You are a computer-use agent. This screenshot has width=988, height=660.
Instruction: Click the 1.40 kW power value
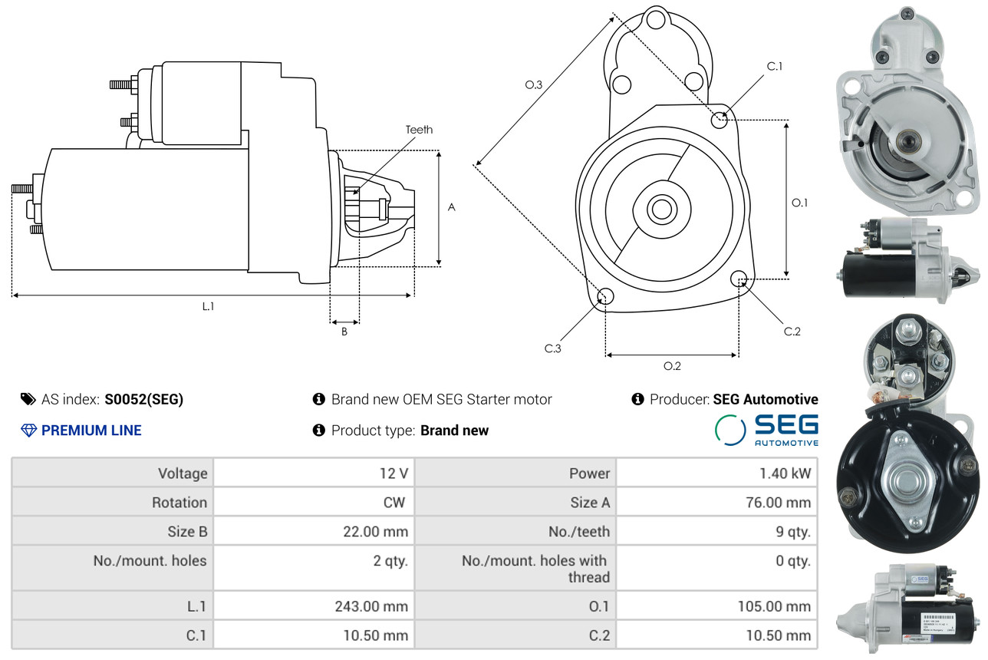(785, 474)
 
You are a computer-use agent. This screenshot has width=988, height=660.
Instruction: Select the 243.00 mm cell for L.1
(371, 606)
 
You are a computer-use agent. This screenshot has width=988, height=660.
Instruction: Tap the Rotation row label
(179, 503)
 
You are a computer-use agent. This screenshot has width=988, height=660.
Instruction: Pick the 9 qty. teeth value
(793, 532)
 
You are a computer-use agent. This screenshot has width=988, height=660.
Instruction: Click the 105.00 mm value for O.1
(775, 606)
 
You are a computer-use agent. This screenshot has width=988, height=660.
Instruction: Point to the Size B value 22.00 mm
(376, 532)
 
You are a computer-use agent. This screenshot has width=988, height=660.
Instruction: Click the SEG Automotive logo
(766, 430)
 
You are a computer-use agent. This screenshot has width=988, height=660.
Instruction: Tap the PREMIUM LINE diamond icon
(28, 431)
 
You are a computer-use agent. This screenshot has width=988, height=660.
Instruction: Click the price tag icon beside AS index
(28, 399)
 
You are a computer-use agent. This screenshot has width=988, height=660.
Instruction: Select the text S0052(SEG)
(143, 399)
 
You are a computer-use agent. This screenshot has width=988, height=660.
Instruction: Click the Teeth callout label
(419, 130)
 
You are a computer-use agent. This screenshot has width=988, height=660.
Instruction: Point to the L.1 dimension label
(208, 306)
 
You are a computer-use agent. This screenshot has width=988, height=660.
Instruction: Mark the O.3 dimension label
(533, 84)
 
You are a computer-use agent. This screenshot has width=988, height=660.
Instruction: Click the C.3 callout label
(552, 348)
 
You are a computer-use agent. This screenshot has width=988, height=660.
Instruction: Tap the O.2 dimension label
(672, 366)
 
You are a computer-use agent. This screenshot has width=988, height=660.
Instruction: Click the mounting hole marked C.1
(720, 120)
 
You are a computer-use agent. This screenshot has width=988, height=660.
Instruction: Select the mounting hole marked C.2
(739, 279)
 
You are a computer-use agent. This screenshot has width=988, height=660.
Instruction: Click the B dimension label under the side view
(344, 332)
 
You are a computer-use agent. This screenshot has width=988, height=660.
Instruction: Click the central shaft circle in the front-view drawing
(661, 210)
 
